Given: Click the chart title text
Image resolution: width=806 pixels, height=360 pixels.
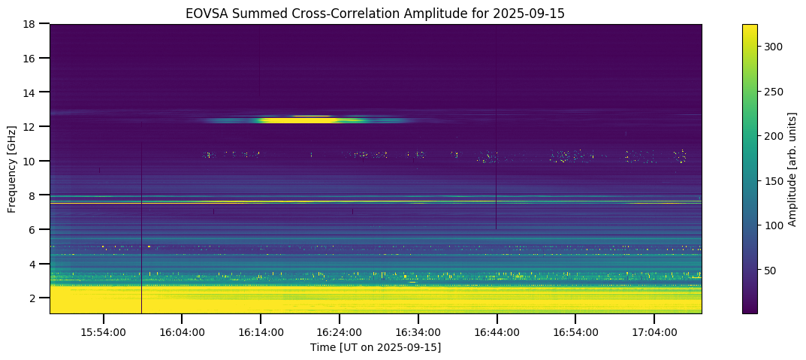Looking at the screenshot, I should coord(376,14).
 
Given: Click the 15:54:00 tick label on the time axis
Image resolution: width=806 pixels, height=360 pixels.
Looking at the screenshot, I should coord(104,332).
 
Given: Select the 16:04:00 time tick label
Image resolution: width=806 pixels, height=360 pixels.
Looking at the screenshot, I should coord(183,332).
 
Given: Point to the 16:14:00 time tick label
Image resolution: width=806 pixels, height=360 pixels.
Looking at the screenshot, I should coord(261,332).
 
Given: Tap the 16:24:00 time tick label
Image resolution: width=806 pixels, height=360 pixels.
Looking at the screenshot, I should coord(340,332).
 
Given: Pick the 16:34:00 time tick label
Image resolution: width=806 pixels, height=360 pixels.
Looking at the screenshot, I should coord(418,332).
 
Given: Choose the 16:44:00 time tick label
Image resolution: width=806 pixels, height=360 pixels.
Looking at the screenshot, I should coord(497,332).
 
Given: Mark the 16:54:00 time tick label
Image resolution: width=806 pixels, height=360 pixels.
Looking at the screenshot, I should coord(575,332).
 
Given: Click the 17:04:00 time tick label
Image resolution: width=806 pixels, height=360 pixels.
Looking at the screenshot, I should coord(654,332).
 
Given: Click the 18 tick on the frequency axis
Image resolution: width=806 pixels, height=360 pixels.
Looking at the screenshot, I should coord(33,24).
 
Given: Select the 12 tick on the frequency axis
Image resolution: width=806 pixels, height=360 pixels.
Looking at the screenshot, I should coord(33,127).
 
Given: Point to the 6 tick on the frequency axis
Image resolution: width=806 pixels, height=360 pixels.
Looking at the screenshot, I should coord(36,230).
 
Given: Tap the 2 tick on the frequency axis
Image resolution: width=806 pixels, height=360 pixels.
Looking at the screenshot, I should coord(36,298).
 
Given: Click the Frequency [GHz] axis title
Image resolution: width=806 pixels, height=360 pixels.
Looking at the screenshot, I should coord(12,168).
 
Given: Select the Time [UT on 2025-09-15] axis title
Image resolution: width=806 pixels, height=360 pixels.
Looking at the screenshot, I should coord(376,347).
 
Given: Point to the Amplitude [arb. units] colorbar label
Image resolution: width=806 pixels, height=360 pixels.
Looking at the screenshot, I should coord(792,168).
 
